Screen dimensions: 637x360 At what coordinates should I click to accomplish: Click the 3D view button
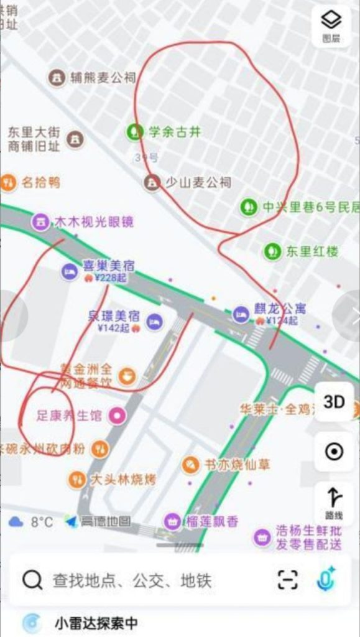click(x=334, y=402)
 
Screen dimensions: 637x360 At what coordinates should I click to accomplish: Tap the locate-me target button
click(x=334, y=452)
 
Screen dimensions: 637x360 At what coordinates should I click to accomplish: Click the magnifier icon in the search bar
click(x=32, y=580)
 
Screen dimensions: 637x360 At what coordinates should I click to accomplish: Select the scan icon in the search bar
click(x=287, y=580)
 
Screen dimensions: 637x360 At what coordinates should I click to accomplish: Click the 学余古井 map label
click(x=175, y=132)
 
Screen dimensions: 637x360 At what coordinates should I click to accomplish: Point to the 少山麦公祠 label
click(x=197, y=182)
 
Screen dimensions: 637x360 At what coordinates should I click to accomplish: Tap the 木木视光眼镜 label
click(x=94, y=221)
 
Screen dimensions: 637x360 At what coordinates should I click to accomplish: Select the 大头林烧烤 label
click(x=124, y=480)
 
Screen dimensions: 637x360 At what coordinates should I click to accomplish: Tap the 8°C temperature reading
click(x=42, y=521)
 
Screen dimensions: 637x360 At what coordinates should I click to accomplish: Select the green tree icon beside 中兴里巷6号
click(x=249, y=207)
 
